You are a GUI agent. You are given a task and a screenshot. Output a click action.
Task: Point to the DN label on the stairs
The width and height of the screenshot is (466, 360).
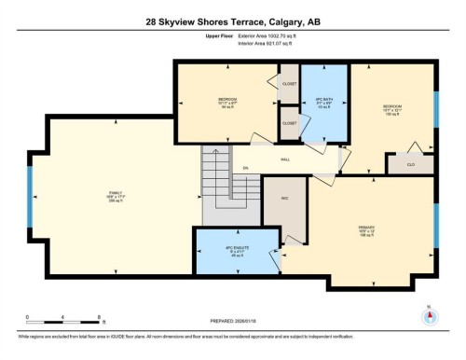(245, 168)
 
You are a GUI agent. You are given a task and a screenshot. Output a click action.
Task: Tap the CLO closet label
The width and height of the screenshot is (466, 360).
(411, 164)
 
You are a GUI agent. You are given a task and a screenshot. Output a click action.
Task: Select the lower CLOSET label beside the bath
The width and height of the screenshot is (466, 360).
(289, 122)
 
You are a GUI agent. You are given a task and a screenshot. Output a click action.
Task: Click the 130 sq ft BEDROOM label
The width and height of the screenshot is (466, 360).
(391, 110)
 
